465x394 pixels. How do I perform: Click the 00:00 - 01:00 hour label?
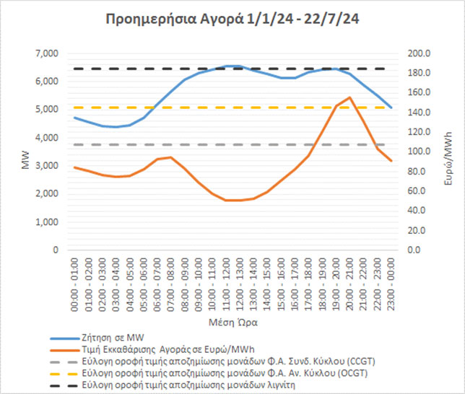click(75, 279)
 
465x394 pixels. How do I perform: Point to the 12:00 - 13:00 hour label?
click(240, 279)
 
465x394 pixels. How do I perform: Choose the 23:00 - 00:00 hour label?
click(391, 279)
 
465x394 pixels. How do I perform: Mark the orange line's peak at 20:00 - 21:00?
click(350, 97)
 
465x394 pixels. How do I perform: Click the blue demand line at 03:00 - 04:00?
click(116, 127)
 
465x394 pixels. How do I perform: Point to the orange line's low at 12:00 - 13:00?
click(240, 200)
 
